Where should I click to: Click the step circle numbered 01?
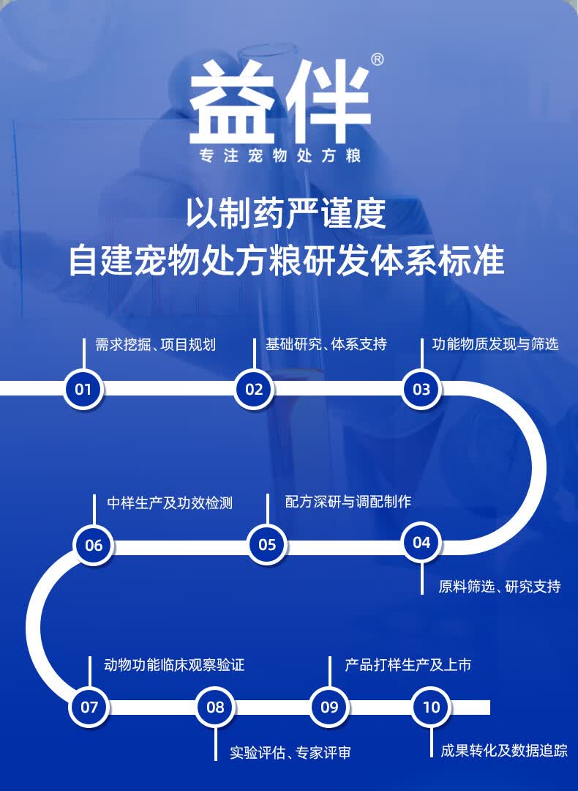[x=83, y=388]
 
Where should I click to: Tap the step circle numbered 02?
[x=254, y=388]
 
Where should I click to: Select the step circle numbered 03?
[x=421, y=388]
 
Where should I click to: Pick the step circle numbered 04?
[x=421, y=542]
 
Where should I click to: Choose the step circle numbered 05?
[x=267, y=544]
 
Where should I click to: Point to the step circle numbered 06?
[x=94, y=545]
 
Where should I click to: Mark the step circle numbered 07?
[x=89, y=707]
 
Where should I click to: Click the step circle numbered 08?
[x=215, y=707]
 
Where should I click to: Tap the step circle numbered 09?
[x=329, y=707]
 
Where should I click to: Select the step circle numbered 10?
[x=432, y=707]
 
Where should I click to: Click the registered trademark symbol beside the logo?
[x=378, y=60]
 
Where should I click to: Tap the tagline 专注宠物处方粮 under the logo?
[x=281, y=157]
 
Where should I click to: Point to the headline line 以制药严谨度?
[x=286, y=214]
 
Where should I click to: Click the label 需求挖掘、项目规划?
[x=156, y=344]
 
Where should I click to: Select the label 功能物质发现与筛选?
[x=495, y=344]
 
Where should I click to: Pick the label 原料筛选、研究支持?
[x=500, y=587]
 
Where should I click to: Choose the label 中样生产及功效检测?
[x=170, y=503]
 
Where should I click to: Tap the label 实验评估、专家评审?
[x=290, y=752]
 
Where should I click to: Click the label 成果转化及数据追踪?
[x=504, y=750]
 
